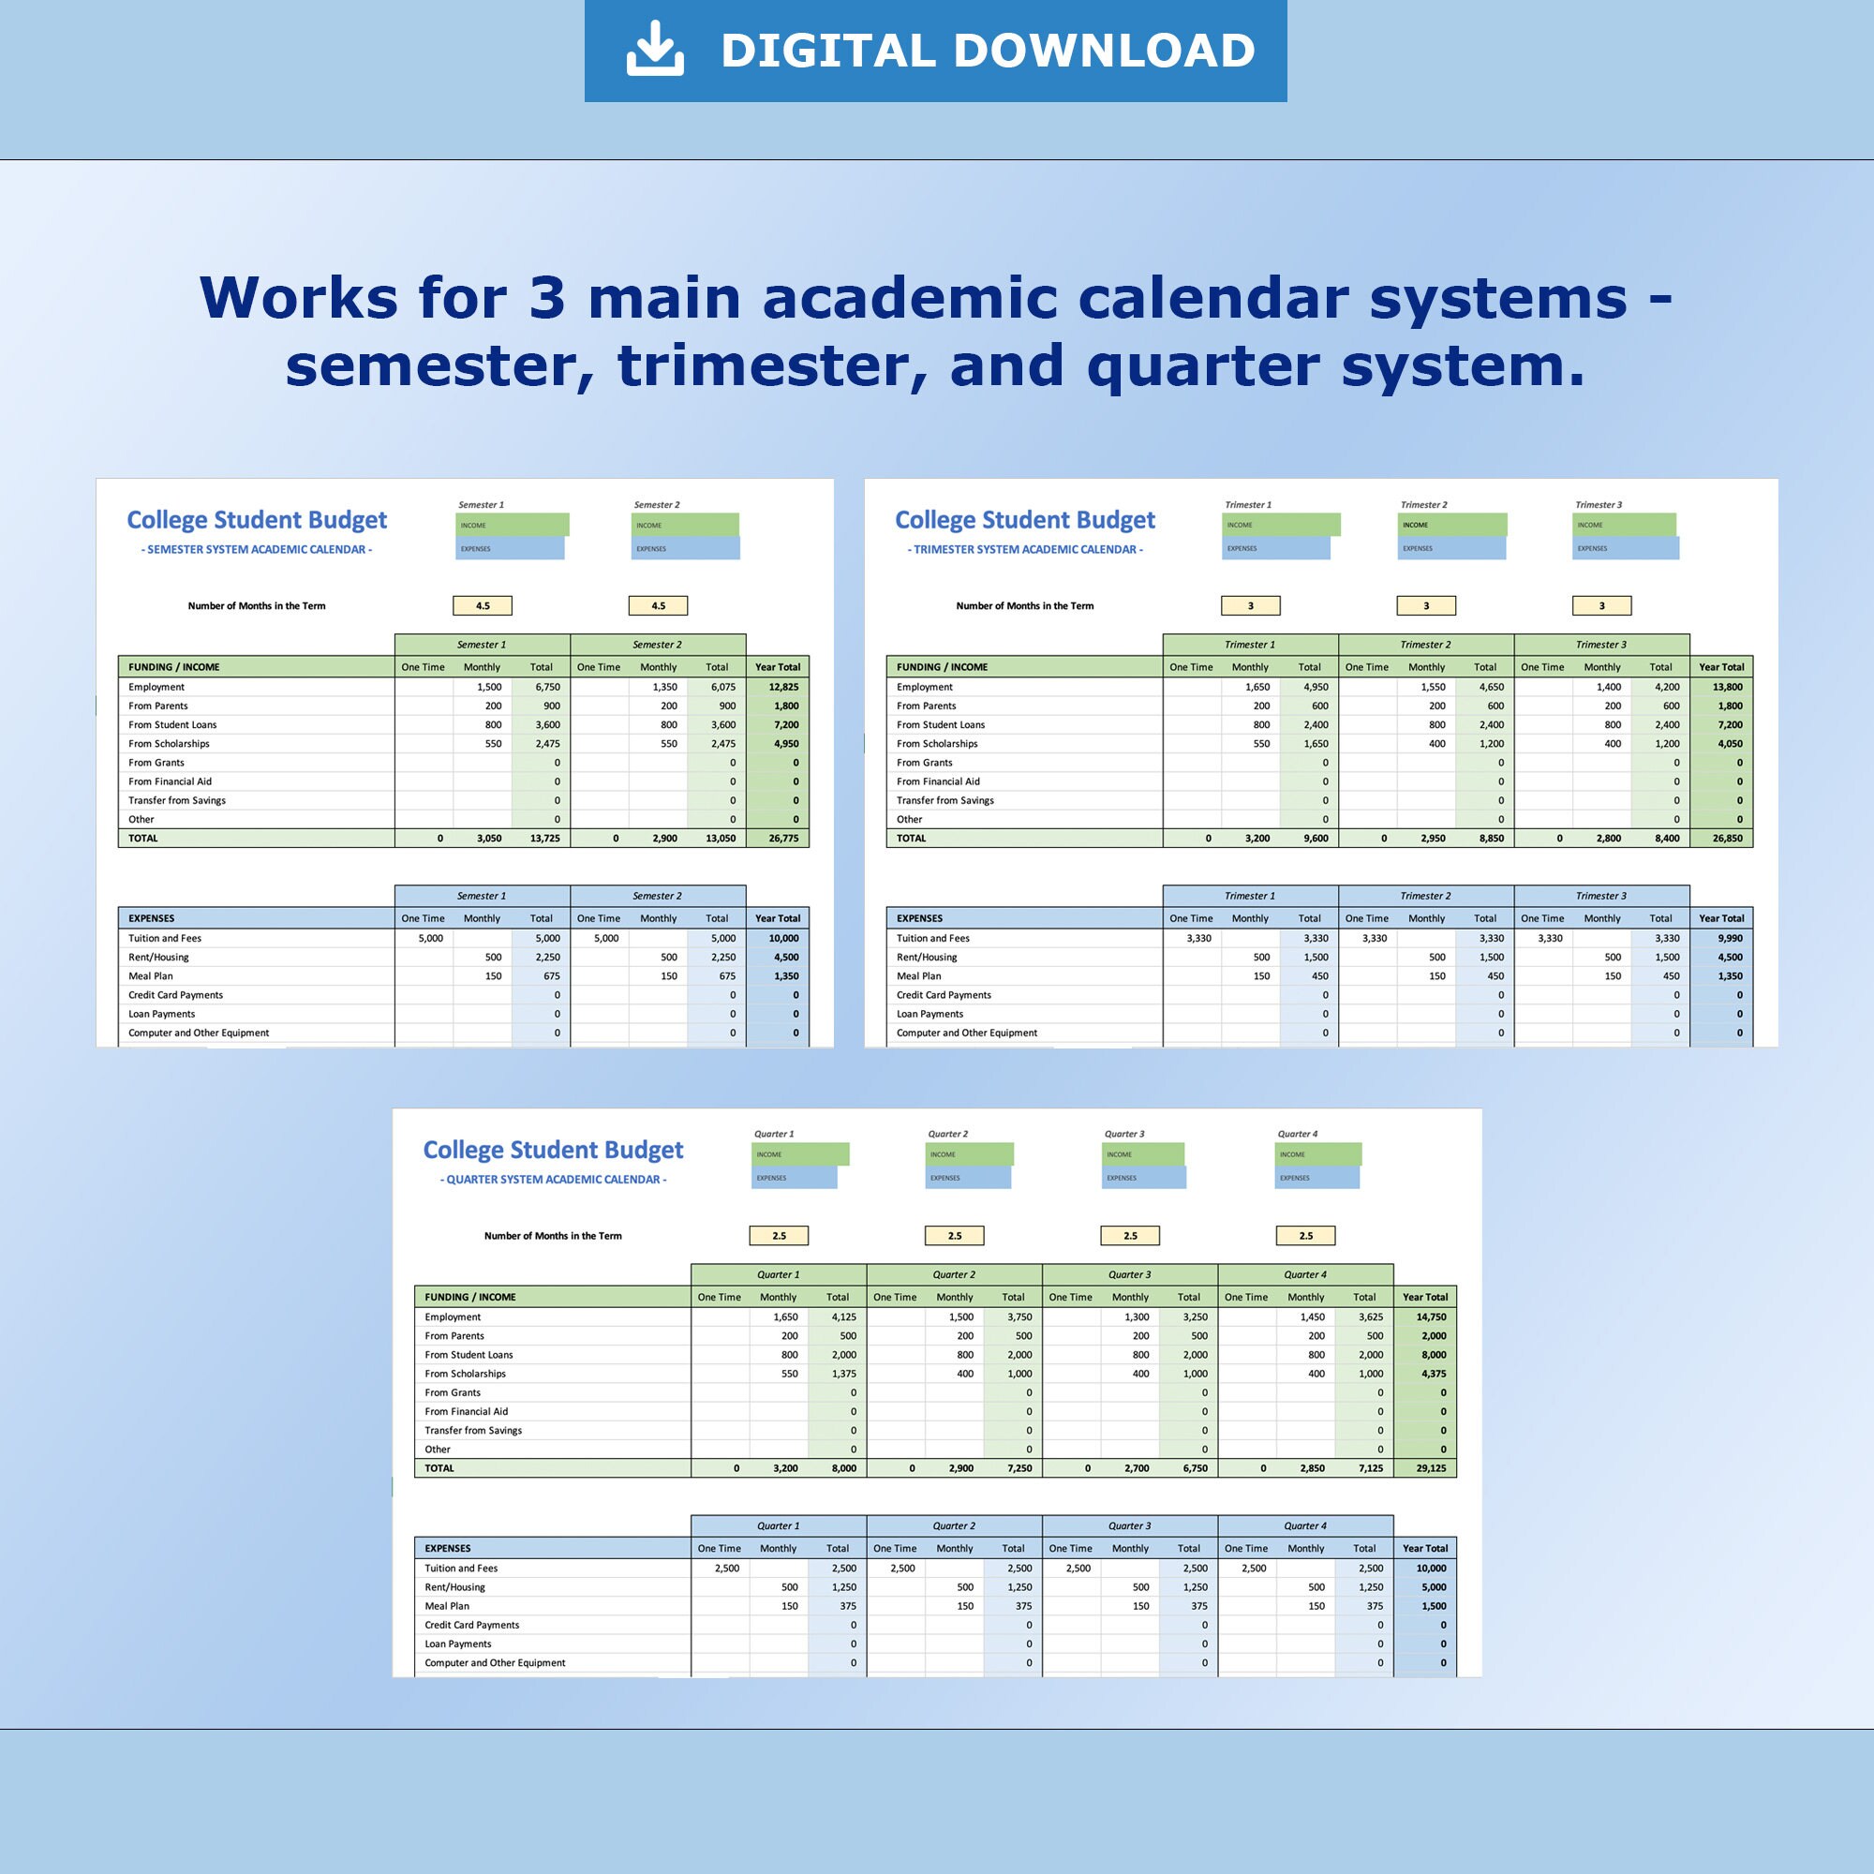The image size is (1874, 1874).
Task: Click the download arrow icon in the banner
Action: pos(655,49)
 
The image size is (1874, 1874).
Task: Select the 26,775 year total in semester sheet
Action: pos(782,838)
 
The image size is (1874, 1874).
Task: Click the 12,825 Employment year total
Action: pos(782,687)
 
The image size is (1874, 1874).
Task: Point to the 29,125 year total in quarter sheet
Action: pos(1431,1467)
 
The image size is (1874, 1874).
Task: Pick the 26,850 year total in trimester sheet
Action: pos(1727,838)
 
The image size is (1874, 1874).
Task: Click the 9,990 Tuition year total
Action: pos(1730,938)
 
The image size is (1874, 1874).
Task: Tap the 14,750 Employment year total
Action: pos(1431,1316)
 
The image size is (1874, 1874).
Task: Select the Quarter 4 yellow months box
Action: pos(1305,1236)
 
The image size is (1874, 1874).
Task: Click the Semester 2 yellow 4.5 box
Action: pos(658,606)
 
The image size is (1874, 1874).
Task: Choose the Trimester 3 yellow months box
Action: pos(1601,606)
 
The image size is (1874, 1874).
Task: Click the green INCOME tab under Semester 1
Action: pos(513,525)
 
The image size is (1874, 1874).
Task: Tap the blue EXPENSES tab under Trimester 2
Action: pos(1452,548)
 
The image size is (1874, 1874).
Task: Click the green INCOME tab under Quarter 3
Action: pos(1142,1154)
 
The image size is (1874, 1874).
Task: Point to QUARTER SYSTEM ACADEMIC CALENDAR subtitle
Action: pos(553,1180)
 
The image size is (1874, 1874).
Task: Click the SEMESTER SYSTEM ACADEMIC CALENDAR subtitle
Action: pos(256,550)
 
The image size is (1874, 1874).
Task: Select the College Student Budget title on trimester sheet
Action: pos(1024,520)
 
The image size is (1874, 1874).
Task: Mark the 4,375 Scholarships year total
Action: pos(1434,1374)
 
